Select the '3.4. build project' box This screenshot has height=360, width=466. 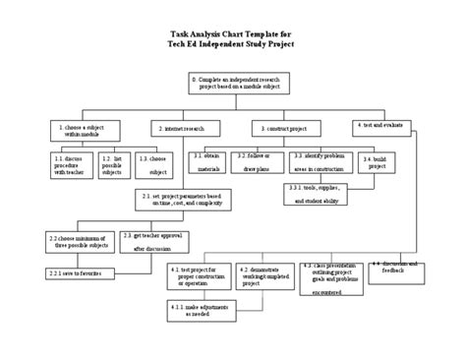tap(379, 161)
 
